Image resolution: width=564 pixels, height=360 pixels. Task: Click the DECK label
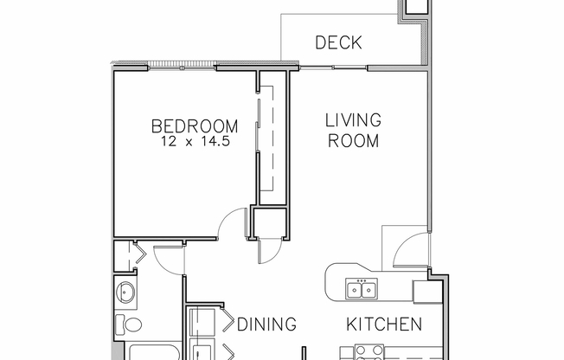click(338, 42)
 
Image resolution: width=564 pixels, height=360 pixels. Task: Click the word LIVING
click(353, 120)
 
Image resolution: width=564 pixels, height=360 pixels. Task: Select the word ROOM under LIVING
click(353, 140)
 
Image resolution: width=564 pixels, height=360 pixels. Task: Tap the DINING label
click(266, 325)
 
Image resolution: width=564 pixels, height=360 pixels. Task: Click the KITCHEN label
click(384, 325)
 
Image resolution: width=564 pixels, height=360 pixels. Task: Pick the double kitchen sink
click(360, 288)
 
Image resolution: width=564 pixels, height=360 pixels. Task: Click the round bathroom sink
click(126, 292)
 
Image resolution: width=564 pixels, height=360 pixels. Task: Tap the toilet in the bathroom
click(131, 326)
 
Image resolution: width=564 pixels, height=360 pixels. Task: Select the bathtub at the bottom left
click(151, 352)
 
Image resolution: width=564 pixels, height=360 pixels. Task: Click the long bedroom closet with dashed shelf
click(270, 138)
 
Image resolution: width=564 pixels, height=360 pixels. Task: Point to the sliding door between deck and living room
click(333, 66)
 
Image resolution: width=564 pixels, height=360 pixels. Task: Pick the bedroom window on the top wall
click(182, 65)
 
